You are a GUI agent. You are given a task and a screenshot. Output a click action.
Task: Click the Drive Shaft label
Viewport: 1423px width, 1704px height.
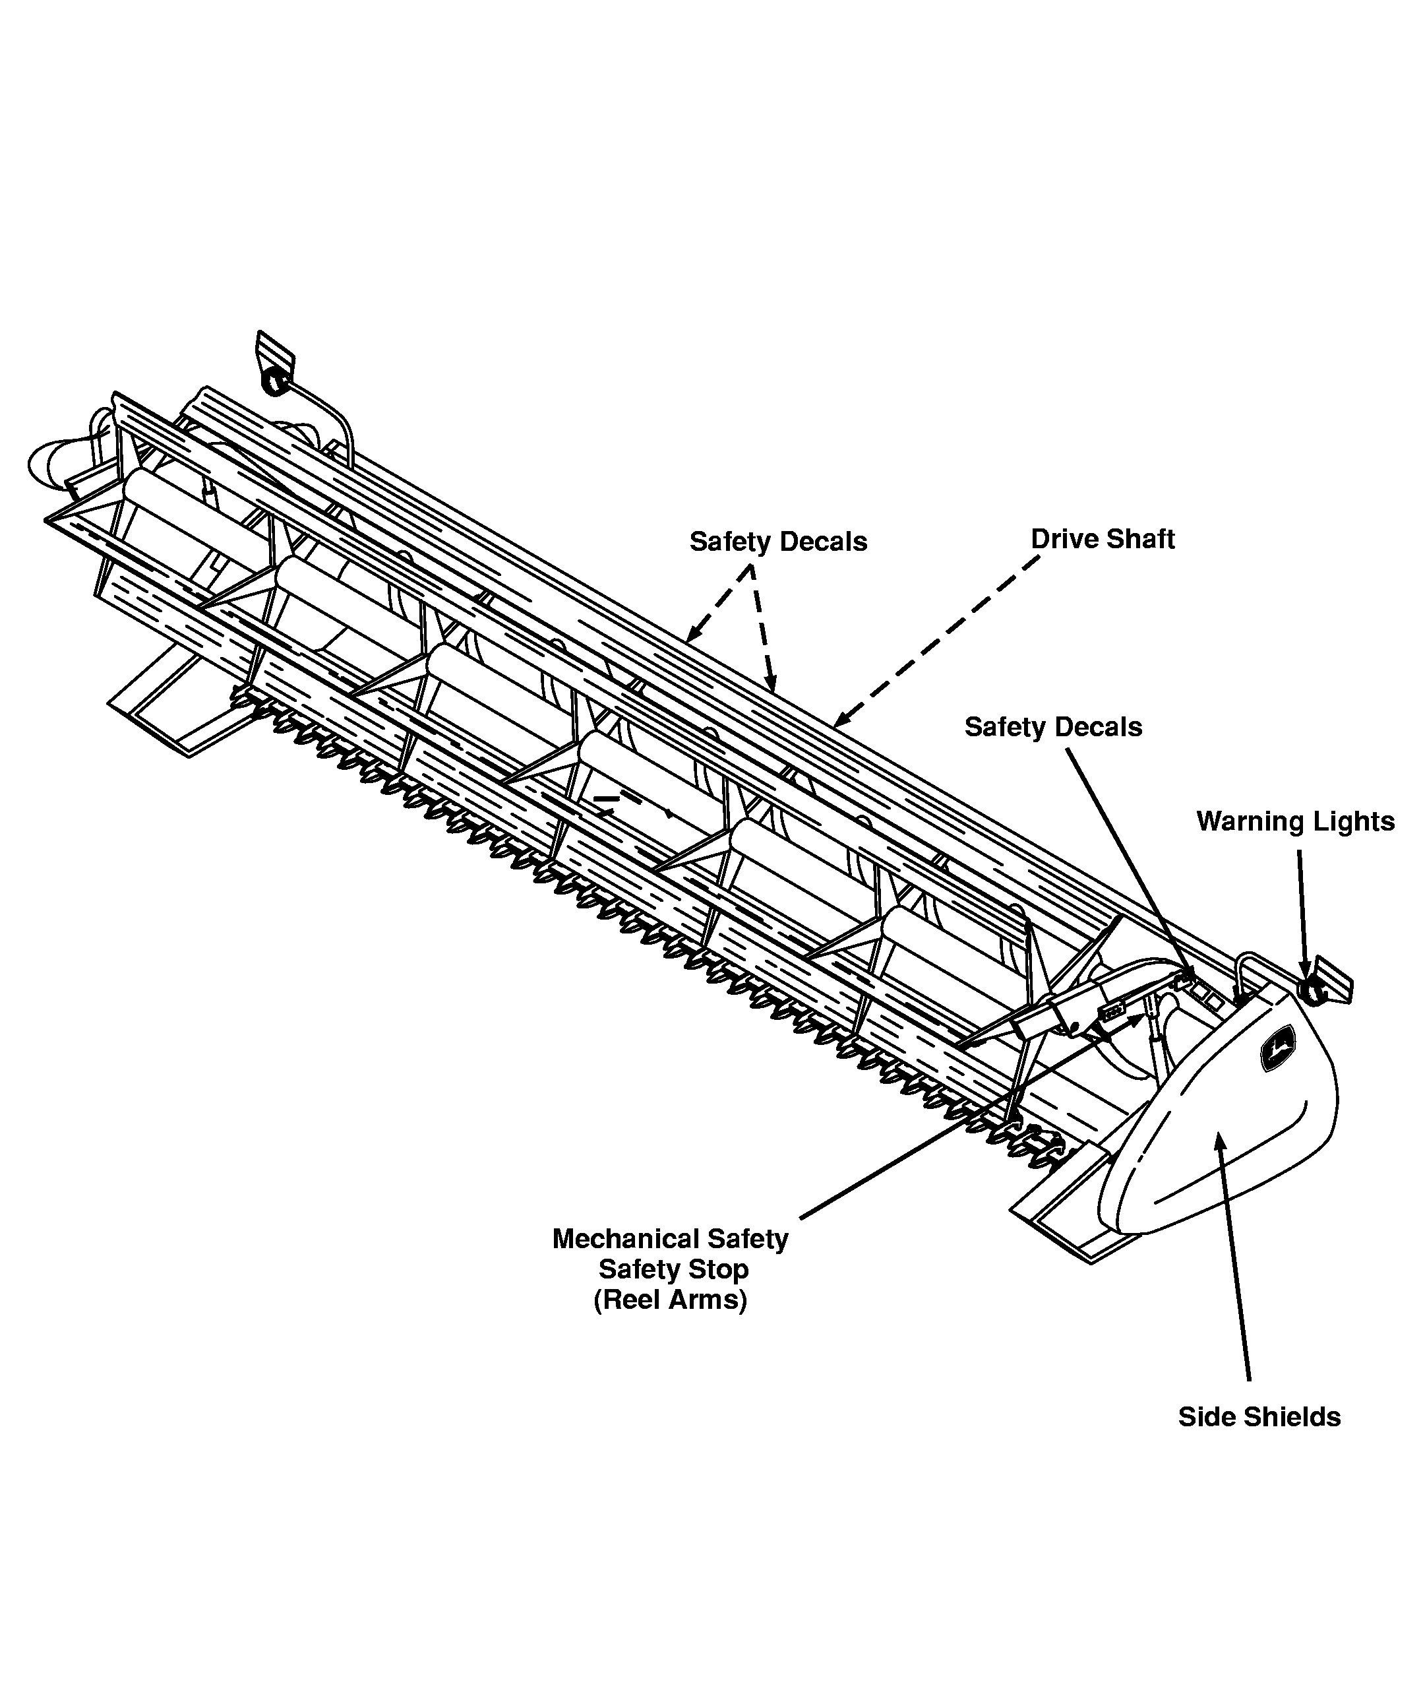(1103, 540)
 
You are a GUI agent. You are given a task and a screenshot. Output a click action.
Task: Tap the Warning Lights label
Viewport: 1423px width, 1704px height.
(1296, 821)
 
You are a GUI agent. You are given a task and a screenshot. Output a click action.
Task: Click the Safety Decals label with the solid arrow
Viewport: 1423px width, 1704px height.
(1053, 727)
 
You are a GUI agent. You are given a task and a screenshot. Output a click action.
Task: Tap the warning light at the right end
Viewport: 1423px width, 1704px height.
(1311, 991)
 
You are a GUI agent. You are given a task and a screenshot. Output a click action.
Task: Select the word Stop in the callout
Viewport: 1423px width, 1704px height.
(719, 1269)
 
